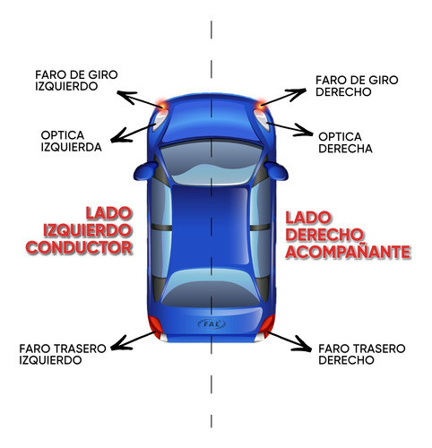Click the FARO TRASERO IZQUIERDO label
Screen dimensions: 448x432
(x=62, y=354)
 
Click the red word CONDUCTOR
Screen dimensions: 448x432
(x=79, y=246)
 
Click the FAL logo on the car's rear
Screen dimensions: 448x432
(x=211, y=323)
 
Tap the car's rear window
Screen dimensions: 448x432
(x=211, y=287)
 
